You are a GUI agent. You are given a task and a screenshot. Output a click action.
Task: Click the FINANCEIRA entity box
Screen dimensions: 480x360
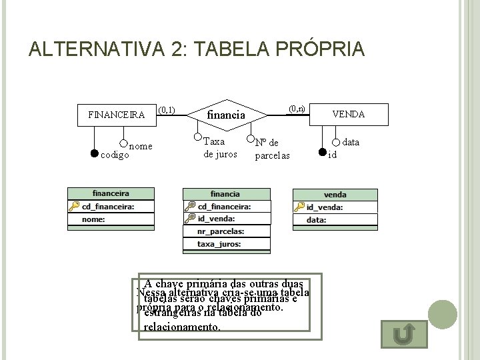[x=116, y=114]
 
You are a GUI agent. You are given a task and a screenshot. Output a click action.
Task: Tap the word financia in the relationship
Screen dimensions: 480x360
[x=227, y=115]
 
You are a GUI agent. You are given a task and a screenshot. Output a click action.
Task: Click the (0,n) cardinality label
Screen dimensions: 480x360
[x=297, y=108]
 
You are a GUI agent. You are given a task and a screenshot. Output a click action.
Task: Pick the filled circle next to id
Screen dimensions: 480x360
[x=323, y=151]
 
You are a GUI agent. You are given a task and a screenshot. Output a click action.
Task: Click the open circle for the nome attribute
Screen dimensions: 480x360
[x=123, y=142]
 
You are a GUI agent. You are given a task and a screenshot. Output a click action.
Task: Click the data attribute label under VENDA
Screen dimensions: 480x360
[x=351, y=142]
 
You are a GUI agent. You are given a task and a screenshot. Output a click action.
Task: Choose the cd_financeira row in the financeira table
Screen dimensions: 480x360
[x=111, y=206]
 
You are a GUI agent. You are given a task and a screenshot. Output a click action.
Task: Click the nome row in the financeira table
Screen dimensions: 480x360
[x=111, y=219]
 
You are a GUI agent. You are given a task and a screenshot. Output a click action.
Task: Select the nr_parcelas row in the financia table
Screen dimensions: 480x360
[x=227, y=231]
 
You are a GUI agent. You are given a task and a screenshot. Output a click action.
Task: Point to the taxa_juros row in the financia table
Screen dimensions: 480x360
[x=227, y=244]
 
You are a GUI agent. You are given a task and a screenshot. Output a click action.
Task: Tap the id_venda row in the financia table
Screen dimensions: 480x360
[x=227, y=218]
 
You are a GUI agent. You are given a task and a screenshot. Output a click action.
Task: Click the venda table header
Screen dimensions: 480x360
[x=335, y=194]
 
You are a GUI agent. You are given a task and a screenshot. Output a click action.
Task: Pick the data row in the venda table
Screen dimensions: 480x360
[x=335, y=219]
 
